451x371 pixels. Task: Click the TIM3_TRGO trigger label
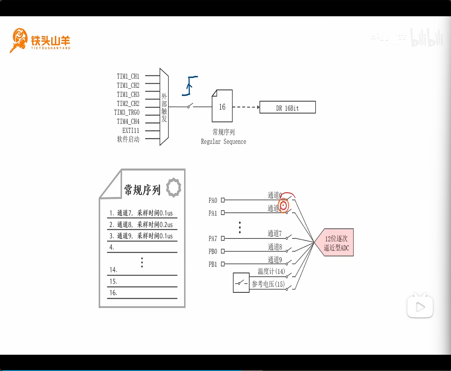click(127, 112)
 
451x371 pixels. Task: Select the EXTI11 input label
click(130, 130)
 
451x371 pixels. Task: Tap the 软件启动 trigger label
click(128, 139)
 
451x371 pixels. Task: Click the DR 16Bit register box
click(287, 107)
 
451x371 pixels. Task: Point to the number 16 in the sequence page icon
click(222, 107)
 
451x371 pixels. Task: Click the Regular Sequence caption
click(223, 142)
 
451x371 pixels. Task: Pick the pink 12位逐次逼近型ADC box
click(337, 243)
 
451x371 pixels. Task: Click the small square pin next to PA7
click(223, 238)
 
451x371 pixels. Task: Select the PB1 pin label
click(213, 264)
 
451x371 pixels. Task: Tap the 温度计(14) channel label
click(271, 271)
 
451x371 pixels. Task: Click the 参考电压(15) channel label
click(268, 284)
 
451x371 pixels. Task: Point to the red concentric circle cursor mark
click(283, 206)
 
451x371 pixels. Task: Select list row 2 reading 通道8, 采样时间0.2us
click(141, 225)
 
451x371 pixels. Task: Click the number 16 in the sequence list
click(113, 293)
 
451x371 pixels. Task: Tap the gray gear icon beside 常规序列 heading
click(174, 188)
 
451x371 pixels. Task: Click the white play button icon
click(420, 307)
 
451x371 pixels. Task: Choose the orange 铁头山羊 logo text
click(50, 41)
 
